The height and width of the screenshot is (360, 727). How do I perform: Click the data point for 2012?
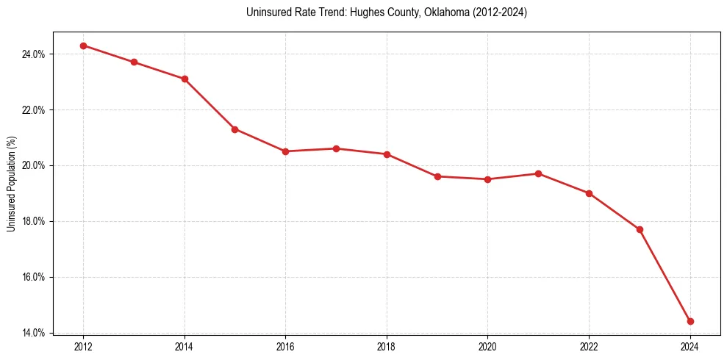83,46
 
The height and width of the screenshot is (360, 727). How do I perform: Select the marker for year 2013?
134,62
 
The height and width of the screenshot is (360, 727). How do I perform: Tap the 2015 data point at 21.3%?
234,129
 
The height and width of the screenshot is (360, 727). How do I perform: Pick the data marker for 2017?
336,148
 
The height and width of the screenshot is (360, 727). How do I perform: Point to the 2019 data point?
437,176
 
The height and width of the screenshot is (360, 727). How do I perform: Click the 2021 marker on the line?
538,173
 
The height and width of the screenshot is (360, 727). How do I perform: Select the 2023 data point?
640,229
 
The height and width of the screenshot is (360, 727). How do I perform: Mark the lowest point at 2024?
690,321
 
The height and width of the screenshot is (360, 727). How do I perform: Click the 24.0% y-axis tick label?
35,54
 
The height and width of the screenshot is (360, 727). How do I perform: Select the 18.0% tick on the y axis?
35,222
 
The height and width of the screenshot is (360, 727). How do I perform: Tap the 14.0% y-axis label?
35,333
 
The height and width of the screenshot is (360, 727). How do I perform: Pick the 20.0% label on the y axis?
35,166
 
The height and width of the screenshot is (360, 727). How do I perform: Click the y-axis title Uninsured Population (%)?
11,183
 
